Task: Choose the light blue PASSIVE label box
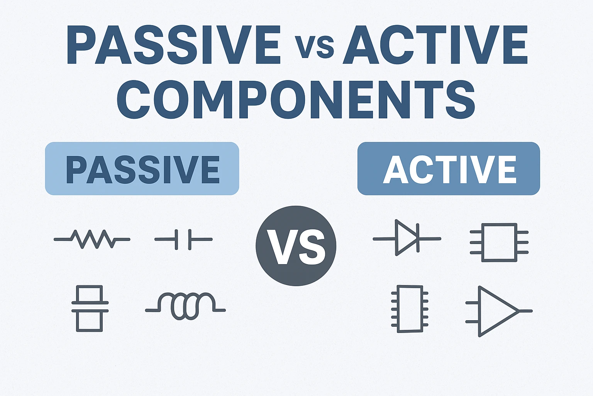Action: pyautogui.click(x=142, y=169)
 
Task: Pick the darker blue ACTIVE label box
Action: pyautogui.click(x=449, y=169)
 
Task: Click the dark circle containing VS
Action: pyautogui.click(x=296, y=246)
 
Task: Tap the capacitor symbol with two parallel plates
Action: pyautogui.click(x=183, y=239)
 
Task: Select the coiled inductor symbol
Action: pyautogui.click(x=185, y=306)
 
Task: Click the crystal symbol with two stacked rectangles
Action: pyautogui.click(x=90, y=308)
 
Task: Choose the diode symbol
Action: pyautogui.click(x=407, y=238)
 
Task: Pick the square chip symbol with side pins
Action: pyautogui.click(x=499, y=242)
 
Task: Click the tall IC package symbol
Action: pyautogui.click(x=410, y=309)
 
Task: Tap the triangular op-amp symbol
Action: pyautogui.click(x=496, y=311)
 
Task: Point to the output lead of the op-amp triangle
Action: pyautogui.click(x=526, y=311)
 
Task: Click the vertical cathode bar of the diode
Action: pyautogui.click(x=418, y=238)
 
